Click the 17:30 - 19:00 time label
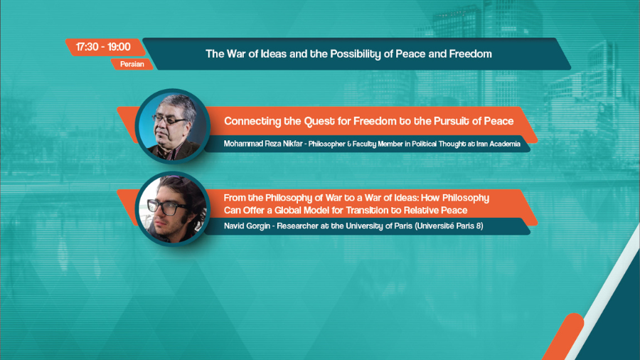103,47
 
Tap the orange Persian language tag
132,64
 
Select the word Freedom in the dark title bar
470,54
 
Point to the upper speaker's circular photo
173,126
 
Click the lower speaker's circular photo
173,208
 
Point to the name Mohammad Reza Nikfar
263,144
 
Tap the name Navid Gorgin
247,226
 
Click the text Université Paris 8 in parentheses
449,226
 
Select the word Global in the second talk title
288,210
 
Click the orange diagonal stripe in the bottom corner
562,337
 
